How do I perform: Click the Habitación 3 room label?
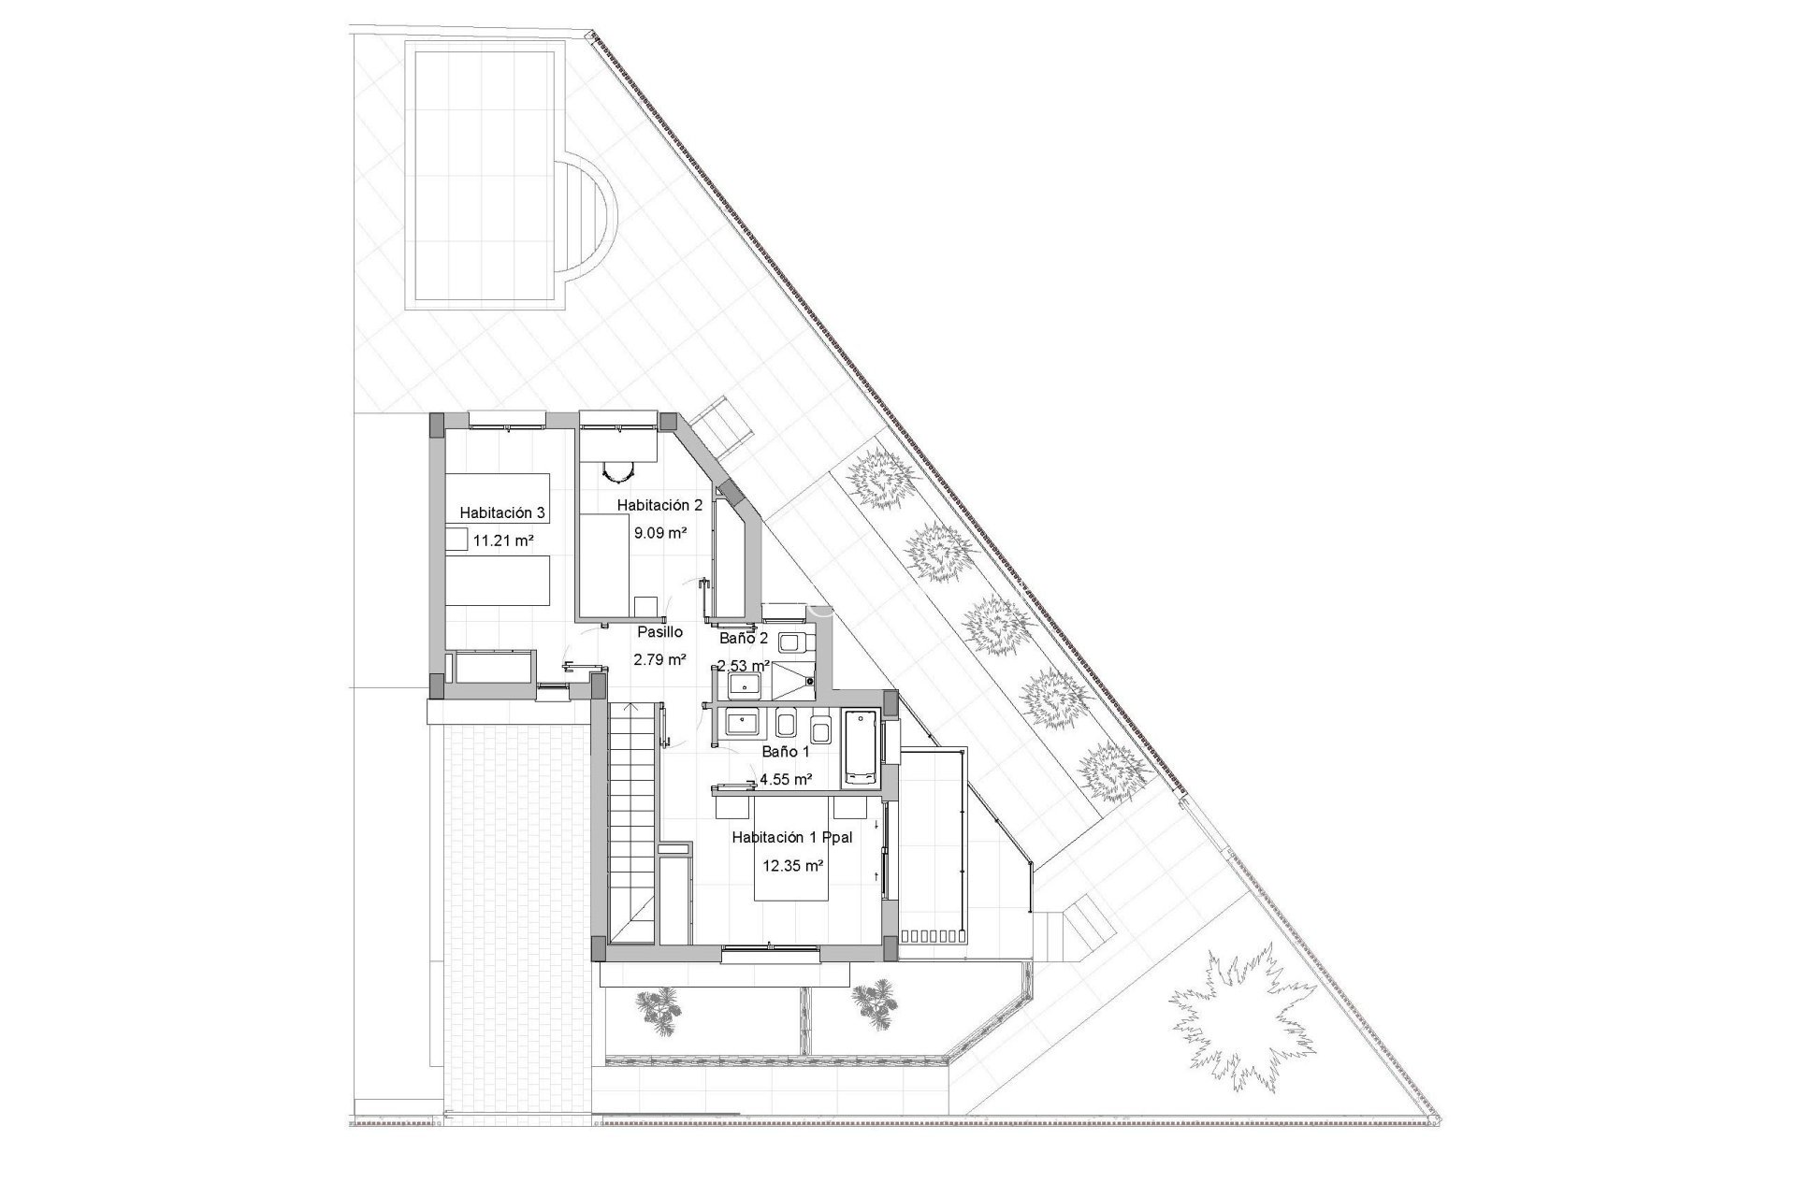point(501,512)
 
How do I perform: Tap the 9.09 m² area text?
point(660,533)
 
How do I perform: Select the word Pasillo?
point(659,632)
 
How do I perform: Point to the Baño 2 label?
point(744,640)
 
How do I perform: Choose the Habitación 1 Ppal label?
point(791,838)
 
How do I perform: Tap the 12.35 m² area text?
point(792,866)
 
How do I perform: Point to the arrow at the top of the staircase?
point(631,711)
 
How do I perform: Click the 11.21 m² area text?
point(503,540)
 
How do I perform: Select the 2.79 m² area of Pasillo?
point(660,659)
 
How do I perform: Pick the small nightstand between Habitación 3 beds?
point(456,540)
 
